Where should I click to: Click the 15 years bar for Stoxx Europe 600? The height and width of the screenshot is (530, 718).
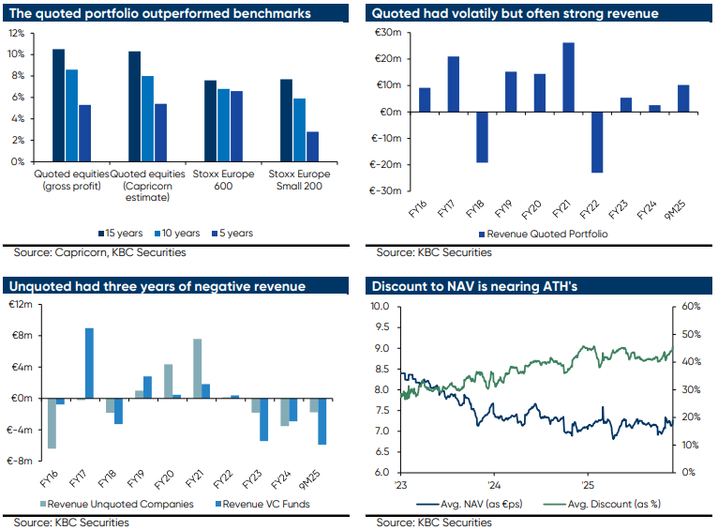[x=211, y=121]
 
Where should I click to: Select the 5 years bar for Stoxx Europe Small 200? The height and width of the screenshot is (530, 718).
[x=312, y=146]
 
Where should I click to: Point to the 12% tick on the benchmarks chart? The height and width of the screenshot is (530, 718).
[x=15, y=32]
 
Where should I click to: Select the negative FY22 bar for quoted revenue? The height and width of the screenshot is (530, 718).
[x=597, y=142]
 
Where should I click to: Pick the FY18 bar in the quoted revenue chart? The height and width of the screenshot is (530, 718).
[x=482, y=137]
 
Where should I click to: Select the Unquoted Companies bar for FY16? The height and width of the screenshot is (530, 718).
[x=52, y=423]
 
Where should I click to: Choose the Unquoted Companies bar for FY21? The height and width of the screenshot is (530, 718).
[x=198, y=369]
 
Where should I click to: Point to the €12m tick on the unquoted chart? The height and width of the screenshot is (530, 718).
[x=21, y=305]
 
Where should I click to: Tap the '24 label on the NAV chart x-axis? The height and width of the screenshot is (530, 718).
[x=493, y=485]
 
